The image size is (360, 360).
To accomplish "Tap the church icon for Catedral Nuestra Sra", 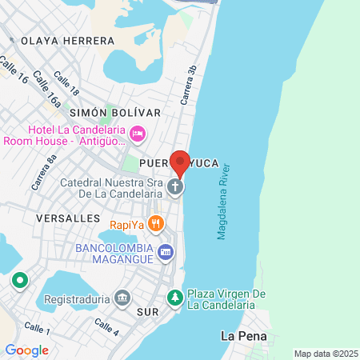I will point(176,187).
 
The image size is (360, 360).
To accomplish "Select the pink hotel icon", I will point(137,133).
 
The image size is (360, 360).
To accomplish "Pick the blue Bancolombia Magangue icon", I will point(166,252).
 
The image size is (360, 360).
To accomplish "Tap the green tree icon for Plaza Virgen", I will point(175,298).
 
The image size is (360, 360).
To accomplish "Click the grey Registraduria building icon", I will point(122,298).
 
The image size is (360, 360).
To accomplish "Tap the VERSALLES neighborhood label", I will point(68,218).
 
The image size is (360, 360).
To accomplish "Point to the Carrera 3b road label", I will point(190,85).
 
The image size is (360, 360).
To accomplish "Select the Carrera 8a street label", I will point(45,172).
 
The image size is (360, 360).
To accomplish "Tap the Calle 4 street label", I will point(106,326).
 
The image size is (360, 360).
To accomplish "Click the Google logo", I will point(26,350).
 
